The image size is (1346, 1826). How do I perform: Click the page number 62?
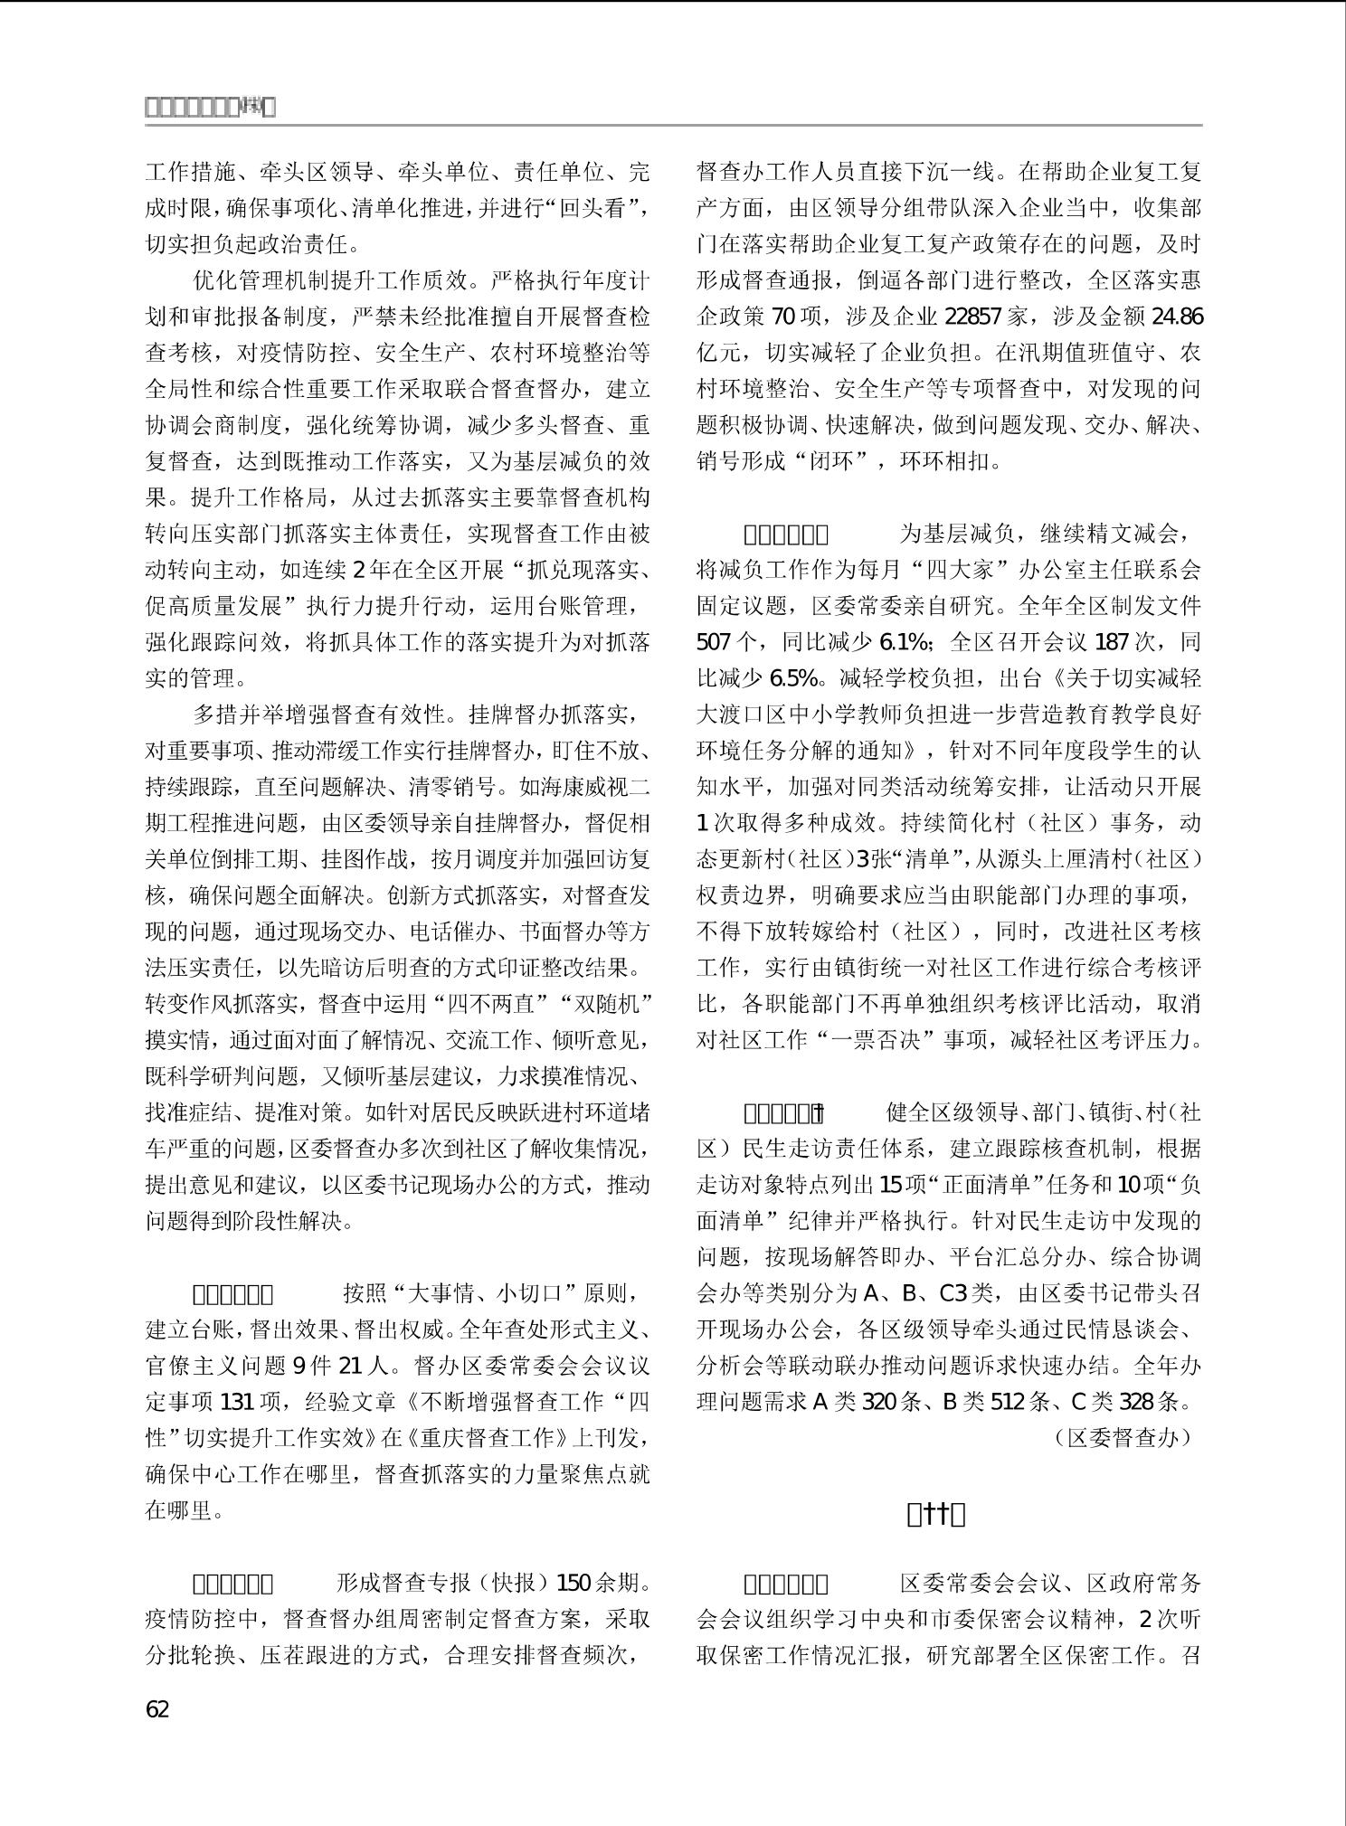click(157, 1708)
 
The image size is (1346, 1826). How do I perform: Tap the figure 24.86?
click(1178, 317)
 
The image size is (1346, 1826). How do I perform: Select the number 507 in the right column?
click(715, 642)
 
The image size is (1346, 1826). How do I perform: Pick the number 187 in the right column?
click(1112, 642)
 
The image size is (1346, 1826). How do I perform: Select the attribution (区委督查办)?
click(1123, 1437)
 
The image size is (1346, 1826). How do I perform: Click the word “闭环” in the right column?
click(840, 461)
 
